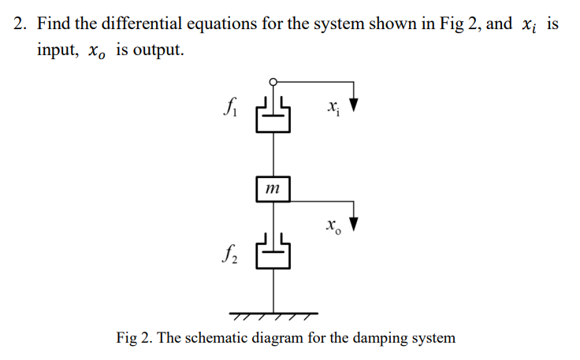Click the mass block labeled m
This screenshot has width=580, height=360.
coord(273,189)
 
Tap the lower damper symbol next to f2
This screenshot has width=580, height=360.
coord(273,253)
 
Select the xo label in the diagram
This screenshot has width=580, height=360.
coord(332,228)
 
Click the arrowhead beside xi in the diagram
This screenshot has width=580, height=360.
coord(355,106)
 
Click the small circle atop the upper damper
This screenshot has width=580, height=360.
coord(273,80)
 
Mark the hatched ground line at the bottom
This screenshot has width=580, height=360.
coord(273,315)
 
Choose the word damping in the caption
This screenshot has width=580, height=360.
coord(376,339)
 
